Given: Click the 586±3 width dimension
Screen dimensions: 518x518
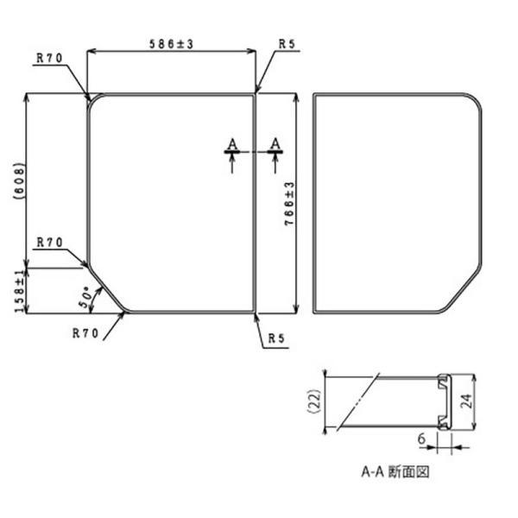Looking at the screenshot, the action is pyautogui.click(x=171, y=44).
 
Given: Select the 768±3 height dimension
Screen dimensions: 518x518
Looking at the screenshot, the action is pyautogui.click(x=289, y=204).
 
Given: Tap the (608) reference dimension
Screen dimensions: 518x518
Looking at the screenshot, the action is pyautogui.click(x=19, y=181).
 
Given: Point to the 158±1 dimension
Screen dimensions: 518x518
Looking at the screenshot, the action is pyautogui.click(x=20, y=290).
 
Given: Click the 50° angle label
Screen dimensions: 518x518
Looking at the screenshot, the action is pyautogui.click(x=85, y=299).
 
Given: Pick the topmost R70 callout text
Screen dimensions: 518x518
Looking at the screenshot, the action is pyautogui.click(x=49, y=58).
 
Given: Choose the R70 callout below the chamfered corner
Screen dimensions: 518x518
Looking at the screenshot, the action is pyautogui.click(x=85, y=333).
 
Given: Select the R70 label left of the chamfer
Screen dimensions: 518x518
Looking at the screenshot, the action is pyautogui.click(x=49, y=243).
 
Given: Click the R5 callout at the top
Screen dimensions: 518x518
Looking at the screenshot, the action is pyautogui.click(x=287, y=44).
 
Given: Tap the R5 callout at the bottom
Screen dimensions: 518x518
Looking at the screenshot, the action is pyautogui.click(x=276, y=338).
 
